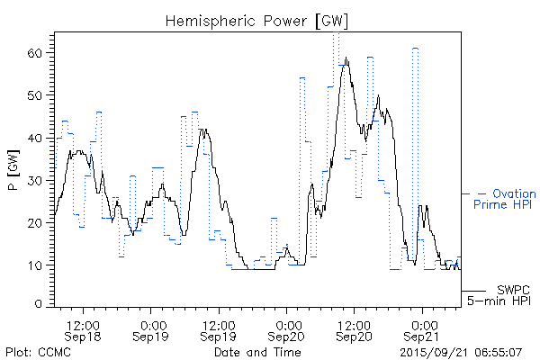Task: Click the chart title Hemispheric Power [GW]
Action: (257, 20)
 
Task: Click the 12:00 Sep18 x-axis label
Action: (84, 328)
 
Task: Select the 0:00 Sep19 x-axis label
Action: (152, 328)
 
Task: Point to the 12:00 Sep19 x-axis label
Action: (219, 328)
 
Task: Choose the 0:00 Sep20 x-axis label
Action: (287, 328)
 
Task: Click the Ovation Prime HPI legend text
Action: (504, 199)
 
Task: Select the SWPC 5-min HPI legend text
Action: (500, 294)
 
